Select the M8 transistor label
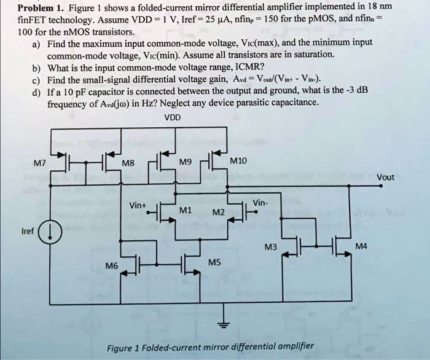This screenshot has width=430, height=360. tap(128, 164)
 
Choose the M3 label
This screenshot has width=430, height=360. tap(270, 248)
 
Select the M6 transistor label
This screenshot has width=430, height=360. tap(111, 266)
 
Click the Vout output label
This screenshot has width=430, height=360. tap(386, 178)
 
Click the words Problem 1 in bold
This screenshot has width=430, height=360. tap(41, 9)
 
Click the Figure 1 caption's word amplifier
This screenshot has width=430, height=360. tap(289, 346)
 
